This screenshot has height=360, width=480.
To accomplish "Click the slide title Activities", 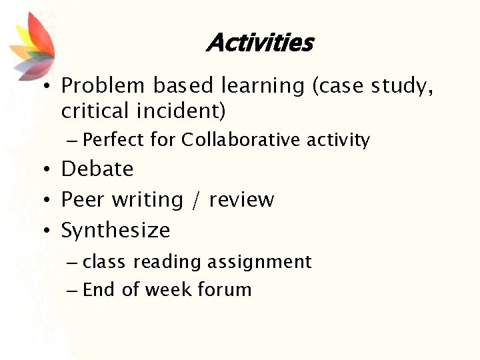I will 259,43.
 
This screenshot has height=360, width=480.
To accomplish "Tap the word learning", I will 253,87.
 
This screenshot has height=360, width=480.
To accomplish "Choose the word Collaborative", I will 242,140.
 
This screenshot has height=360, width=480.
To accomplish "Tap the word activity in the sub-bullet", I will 338,141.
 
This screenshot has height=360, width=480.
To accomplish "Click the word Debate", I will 97,169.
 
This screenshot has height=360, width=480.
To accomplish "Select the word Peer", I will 83,199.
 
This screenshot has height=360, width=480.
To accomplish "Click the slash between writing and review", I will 195,200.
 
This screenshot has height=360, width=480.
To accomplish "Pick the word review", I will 241,199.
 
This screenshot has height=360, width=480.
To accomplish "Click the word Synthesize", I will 115,231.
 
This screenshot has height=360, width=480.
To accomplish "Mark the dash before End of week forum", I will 73,290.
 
